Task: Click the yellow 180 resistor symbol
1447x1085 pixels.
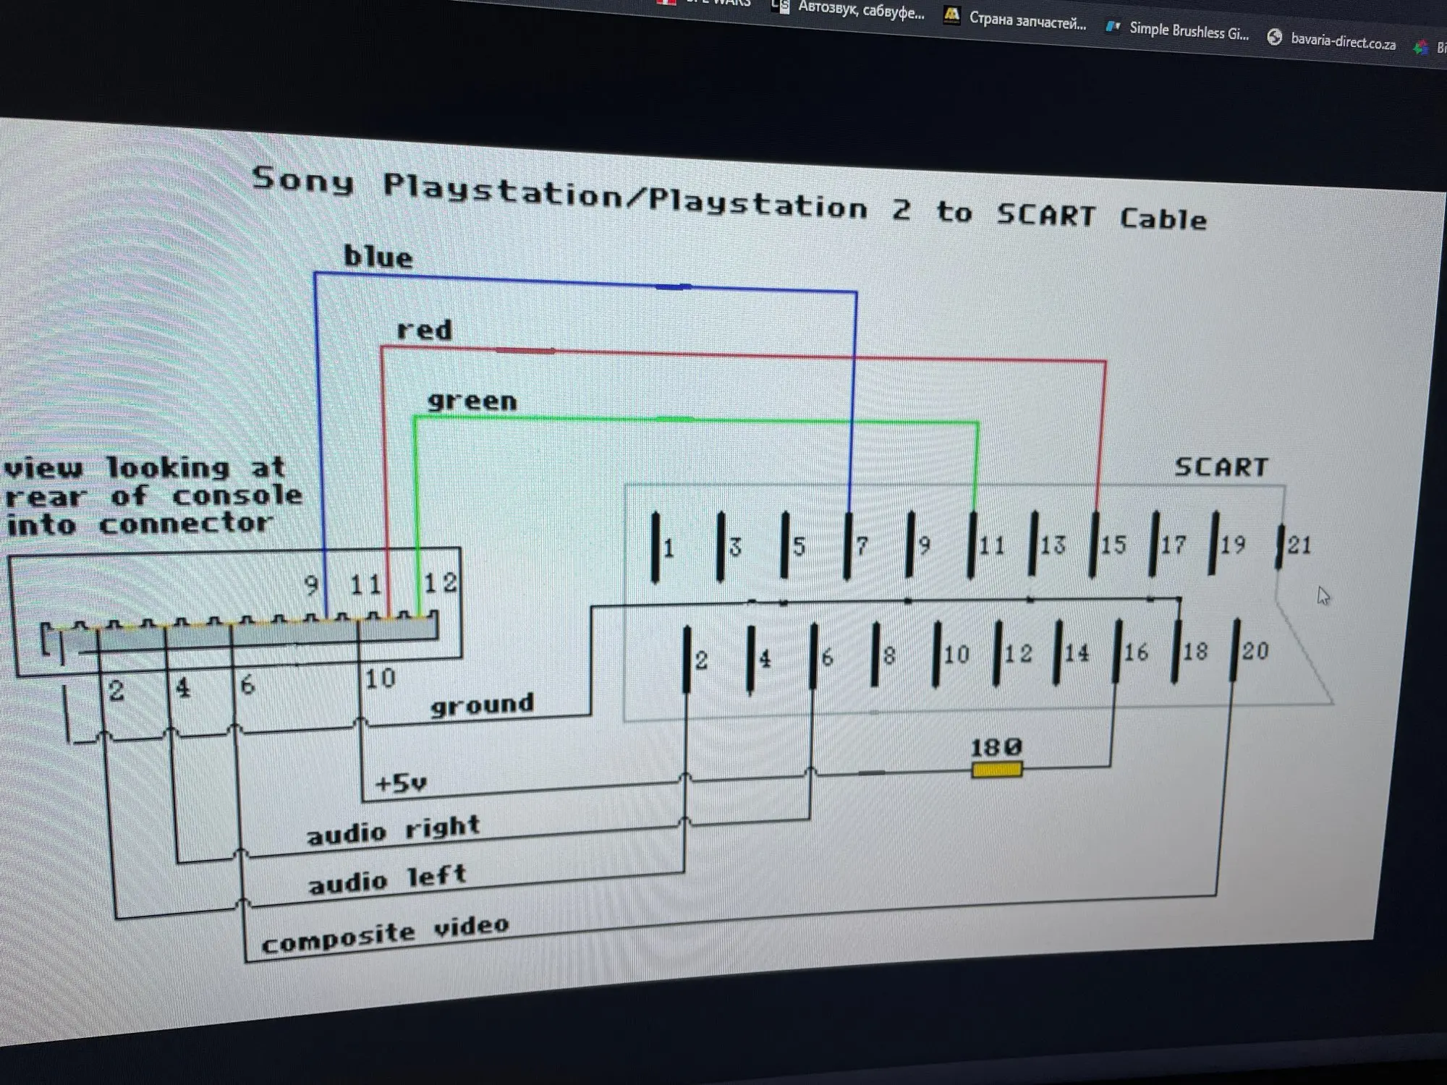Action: (996, 770)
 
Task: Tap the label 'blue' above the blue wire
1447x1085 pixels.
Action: (378, 258)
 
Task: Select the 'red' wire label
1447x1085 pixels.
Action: (425, 331)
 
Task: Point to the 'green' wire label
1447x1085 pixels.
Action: (472, 401)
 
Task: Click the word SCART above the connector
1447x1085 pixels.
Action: (1221, 467)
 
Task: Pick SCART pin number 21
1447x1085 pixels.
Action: (1280, 546)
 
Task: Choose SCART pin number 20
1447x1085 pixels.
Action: (1236, 651)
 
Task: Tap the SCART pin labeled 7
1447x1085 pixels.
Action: (849, 546)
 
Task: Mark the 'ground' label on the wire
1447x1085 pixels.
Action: (482, 704)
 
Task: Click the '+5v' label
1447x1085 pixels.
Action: (401, 783)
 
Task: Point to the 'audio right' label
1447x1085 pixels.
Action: (394, 830)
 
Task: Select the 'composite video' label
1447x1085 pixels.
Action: (385, 935)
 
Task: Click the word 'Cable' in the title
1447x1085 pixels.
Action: (1163, 218)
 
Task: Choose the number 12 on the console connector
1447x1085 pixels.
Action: (440, 583)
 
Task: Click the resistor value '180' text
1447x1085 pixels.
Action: (996, 747)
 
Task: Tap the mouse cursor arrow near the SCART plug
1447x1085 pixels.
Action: (1323, 596)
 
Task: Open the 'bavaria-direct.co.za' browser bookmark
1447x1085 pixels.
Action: (1342, 42)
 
